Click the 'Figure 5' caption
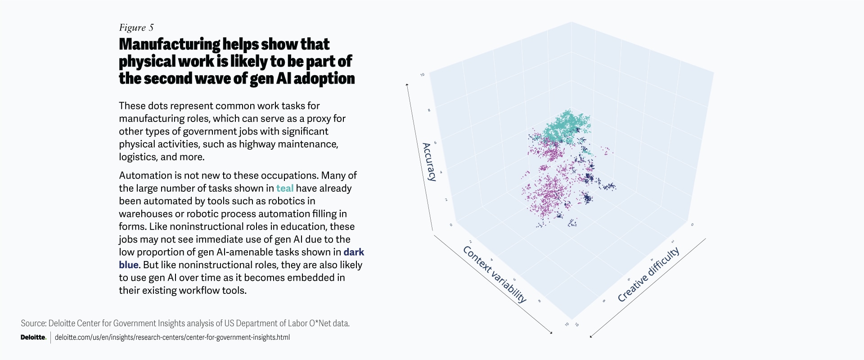pyautogui.click(x=136, y=28)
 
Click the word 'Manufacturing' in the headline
pyautogui.click(x=169, y=44)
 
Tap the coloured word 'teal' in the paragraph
pyautogui.click(x=284, y=188)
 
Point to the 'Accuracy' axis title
pyautogui.click(x=429, y=162)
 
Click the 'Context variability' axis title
pyautogui.click(x=494, y=274)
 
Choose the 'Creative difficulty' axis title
pyautogui.click(x=648, y=274)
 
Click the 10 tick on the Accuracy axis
pyautogui.click(x=422, y=75)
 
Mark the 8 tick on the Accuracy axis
pyautogui.click(x=429, y=110)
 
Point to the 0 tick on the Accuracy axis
pyautogui.click(x=451, y=225)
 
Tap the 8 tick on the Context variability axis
pyautogui.click(x=539, y=301)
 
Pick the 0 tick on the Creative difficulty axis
pyautogui.click(x=692, y=225)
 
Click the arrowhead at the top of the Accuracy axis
pyautogui.click(x=407, y=84)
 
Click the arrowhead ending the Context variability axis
pyautogui.click(x=551, y=333)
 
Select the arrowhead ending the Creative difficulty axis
pyautogui.click(x=591, y=336)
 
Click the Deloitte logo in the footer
pyautogui.click(x=33, y=337)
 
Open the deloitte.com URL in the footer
pyautogui.click(x=172, y=337)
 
